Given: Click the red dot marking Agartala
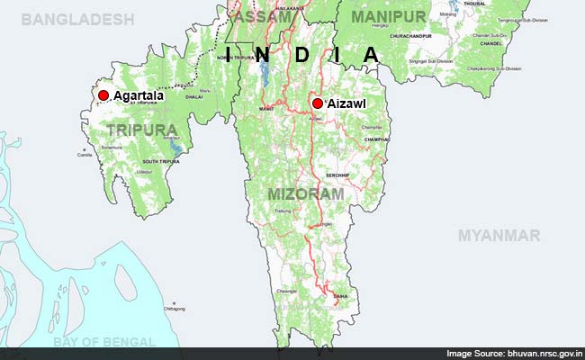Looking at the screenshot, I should coord(103,95).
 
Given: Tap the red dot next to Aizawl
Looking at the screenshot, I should coord(317,103).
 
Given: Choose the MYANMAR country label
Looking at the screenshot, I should coord(499,236).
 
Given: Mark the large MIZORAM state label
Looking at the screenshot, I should coord(306,193).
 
